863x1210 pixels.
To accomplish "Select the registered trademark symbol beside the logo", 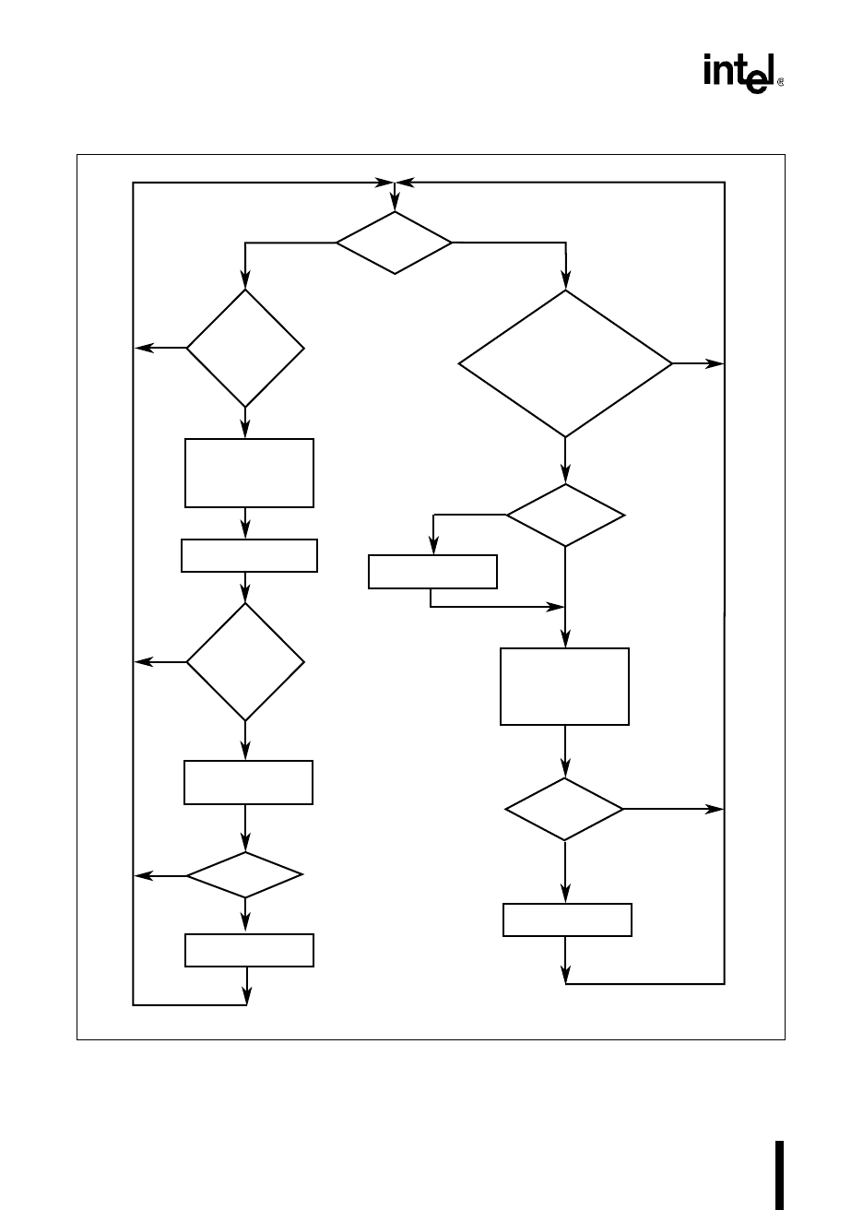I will (x=781, y=82).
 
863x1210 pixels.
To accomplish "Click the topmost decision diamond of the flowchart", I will (x=394, y=243).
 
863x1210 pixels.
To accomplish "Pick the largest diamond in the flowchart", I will (x=565, y=364).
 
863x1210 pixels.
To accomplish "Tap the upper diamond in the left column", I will (x=245, y=349).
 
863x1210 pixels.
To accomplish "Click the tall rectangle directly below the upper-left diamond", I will (x=249, y=473).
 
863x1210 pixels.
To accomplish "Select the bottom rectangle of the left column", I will (x=249, y=951).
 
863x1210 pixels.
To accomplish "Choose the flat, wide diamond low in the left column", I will (x=245, y=874).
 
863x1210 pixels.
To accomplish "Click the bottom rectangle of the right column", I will (x=567, y=919).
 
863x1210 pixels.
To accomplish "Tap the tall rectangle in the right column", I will (x=564, y=686).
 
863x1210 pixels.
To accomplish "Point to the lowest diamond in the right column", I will (x=564, y=809).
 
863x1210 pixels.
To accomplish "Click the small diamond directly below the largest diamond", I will (x=565, y=516).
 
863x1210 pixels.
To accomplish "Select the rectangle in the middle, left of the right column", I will (x=432, y=572).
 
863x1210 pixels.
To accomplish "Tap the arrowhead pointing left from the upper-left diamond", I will (x=142, y=349).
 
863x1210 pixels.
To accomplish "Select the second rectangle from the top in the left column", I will (x=249, y=556).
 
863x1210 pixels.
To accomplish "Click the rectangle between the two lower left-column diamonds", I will (x=248, y=783).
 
